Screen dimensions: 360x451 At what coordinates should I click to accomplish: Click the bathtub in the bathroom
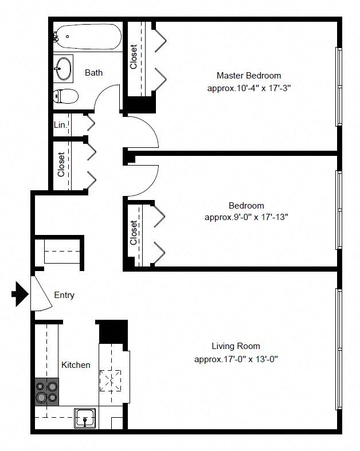tap(88, 37)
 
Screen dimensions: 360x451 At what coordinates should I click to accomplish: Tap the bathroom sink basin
tap(63, 68)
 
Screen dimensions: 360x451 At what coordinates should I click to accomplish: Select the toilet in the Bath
tap(65, 96)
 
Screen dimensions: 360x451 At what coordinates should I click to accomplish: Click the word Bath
tap(93, 72)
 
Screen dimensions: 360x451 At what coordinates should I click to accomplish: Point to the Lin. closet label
tap(60, 125)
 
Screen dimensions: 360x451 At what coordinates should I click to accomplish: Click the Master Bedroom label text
tap(249, 76)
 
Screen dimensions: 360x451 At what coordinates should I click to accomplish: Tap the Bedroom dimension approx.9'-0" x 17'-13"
tap(246, 217)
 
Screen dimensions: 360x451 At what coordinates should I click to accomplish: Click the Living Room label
tap(236, 346)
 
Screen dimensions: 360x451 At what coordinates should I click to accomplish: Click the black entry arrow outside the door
tap(20, 294)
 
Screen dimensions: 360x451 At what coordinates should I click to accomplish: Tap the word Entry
tap(64, 295)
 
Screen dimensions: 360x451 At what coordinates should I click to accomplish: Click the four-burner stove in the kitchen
tap(46, 392)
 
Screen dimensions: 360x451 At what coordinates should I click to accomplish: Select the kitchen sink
tap(85, 418)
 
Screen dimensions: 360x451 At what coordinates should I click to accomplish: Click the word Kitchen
tap(76, 364)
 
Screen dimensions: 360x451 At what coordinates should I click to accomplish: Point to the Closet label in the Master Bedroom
tap(133, 57)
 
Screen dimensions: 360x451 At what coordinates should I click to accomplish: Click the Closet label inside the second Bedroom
tap(133, 233)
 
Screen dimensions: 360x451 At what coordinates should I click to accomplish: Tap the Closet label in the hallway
tap(61, 164)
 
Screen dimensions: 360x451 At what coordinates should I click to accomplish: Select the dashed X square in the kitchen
tap(110, 381)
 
